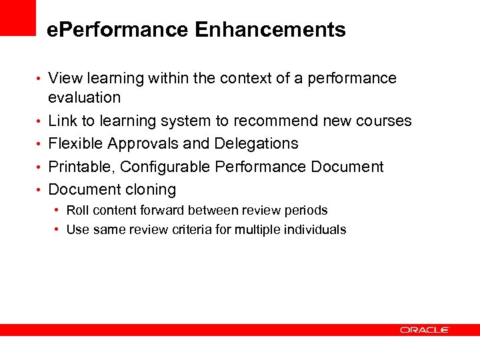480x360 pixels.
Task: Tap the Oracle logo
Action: point(425,329)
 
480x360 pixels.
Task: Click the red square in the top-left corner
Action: point(17,17)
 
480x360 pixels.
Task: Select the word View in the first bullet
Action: point(64,79)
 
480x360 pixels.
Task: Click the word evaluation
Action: point(84,98)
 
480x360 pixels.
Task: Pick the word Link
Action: point(63,121)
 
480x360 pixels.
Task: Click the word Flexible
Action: point(75,144)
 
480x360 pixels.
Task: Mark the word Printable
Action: point(81,167)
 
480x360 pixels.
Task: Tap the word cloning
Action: point(148,190)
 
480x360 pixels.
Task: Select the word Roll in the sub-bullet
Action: point(76,211)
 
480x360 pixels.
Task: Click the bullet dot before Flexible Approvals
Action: point(41,144)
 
